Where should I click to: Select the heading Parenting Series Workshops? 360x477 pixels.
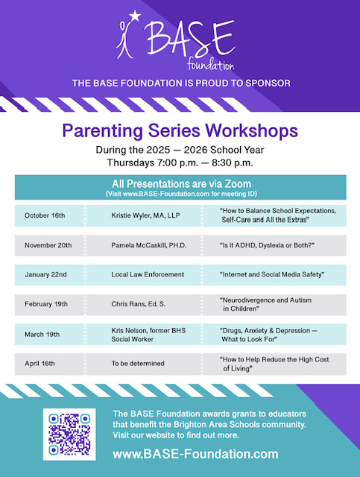(180, 132)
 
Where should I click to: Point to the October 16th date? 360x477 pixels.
(45, 215)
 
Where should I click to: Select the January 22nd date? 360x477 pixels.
(45, 274)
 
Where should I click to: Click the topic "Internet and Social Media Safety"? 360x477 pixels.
(272, 274)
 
